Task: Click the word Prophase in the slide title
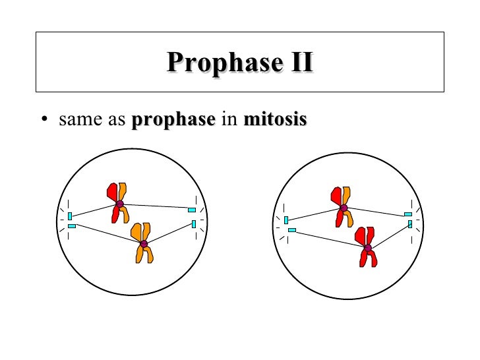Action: tap(216, 63)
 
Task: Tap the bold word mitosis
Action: tap(275, 121)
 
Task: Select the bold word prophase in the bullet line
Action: tap(174, 121)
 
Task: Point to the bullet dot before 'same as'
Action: tap(44, 121)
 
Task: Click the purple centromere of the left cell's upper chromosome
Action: tap(119, 204)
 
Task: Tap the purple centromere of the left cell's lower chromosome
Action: tap(144, 244)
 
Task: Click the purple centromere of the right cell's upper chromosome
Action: tap(344, 208)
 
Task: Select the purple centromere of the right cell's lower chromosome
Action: tap(368, 248)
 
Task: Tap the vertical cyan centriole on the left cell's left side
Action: tap(70, 216)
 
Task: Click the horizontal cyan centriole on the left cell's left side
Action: tap(72, 226)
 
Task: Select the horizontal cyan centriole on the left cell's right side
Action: tap(191, 210)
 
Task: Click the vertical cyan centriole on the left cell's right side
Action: tap(194, 224)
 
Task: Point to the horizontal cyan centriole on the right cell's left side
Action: tap(291, 230)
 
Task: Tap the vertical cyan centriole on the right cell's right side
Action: tap(409, 224)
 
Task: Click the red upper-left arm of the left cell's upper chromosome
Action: tap(111, 192)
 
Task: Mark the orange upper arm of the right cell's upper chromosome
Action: tap(346, 196)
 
